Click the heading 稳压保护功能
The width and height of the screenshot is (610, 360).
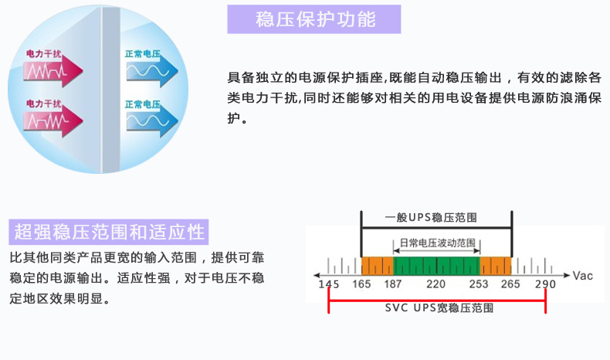click(316, 19)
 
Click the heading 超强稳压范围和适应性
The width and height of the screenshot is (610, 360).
click(109, 232)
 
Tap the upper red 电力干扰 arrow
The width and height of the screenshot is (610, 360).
click(53, 70)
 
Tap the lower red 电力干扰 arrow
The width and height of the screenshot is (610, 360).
click(53, 121)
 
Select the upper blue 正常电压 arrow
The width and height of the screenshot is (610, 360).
click(152, 71)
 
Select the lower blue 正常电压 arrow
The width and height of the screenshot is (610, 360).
click(152, 121)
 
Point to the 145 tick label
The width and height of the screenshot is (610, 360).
click(329, 284)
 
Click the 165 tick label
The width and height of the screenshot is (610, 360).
click(361, 284)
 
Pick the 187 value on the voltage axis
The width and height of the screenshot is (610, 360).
click(392, 284)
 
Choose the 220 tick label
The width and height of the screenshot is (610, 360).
click(435, 284)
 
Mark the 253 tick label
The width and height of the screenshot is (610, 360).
click(479, 284)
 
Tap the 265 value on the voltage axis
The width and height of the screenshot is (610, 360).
click(510, 284)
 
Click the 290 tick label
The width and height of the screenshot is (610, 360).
click(545, 284)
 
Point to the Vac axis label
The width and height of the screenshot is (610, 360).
click(583, 276)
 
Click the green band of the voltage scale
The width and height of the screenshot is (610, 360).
click(436, 266)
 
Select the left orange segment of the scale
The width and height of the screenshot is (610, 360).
click(378, 266)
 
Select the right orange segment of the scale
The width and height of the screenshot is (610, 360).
click(496, 266)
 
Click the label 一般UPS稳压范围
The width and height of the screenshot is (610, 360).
click(431, 218)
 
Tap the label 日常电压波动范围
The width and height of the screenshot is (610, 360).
click(438, 243)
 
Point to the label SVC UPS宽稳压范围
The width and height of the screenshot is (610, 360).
click(439, 307)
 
